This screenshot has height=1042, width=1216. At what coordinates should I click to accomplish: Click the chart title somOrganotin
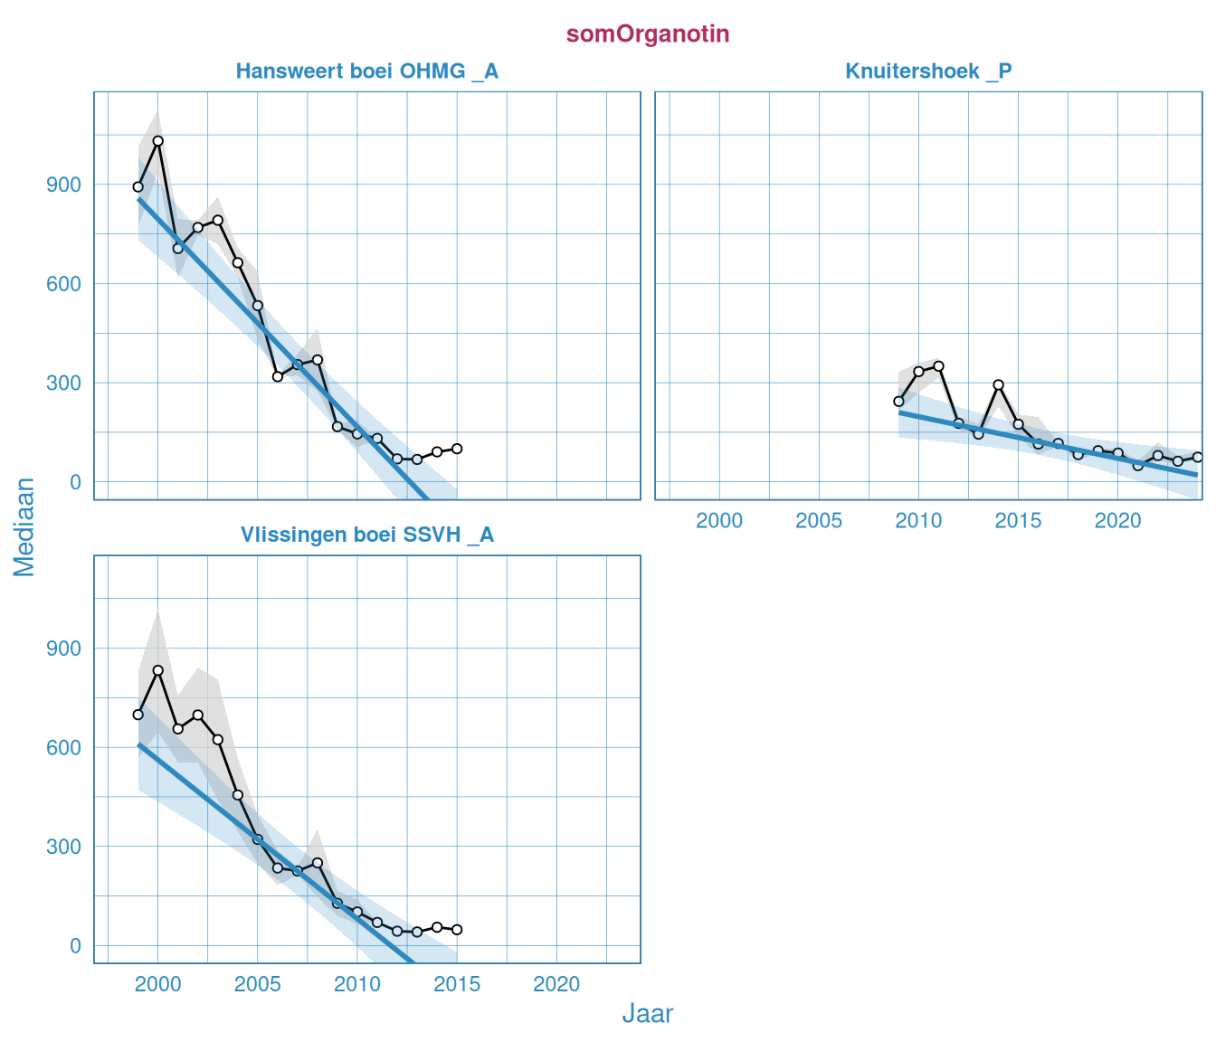click(648, 34)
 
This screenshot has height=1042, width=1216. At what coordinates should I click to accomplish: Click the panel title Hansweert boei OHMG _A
click(366, 71)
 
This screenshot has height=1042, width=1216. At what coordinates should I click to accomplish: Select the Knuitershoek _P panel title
click(928, 71)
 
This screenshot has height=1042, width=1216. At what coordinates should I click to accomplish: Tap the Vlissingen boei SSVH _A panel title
click(366, 535)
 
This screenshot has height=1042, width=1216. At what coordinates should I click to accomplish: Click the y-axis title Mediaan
click(24, 527)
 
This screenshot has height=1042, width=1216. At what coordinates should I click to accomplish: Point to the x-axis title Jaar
click(647, 1014)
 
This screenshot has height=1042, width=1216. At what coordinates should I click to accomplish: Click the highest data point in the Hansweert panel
click(158, 141)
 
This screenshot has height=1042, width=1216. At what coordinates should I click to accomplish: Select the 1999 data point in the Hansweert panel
click(138, 187)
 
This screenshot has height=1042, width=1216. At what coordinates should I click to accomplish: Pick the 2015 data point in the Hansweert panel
click(457, 449)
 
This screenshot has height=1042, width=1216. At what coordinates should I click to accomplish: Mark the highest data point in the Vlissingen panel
click(158, 670)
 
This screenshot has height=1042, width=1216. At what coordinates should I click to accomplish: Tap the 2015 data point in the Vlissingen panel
click(457, 930)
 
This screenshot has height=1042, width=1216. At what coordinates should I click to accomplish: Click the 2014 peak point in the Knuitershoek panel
click(999, 384)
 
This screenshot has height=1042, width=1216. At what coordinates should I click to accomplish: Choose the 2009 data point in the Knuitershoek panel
click(898, 402)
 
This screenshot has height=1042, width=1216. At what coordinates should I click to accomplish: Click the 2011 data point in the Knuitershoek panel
click(938, 366)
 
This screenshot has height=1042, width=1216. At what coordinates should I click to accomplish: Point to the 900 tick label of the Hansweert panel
click(63, 185)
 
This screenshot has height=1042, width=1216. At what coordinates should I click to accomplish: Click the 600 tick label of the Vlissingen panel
click(63, 748)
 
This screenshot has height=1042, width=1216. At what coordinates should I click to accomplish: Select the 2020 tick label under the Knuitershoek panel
click(1117, 521)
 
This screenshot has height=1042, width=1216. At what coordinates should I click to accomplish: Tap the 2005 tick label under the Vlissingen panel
click(258, 985)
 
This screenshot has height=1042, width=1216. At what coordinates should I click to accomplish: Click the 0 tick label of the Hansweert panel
click(74, 483)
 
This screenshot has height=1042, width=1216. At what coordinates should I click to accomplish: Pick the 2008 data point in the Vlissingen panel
click(318, 863)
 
